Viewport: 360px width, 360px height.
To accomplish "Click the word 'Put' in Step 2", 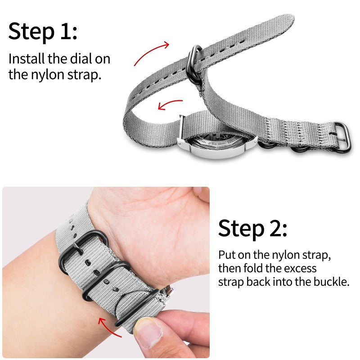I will [228, 255].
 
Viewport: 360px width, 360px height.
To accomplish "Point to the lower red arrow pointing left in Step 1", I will [170, 104].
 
